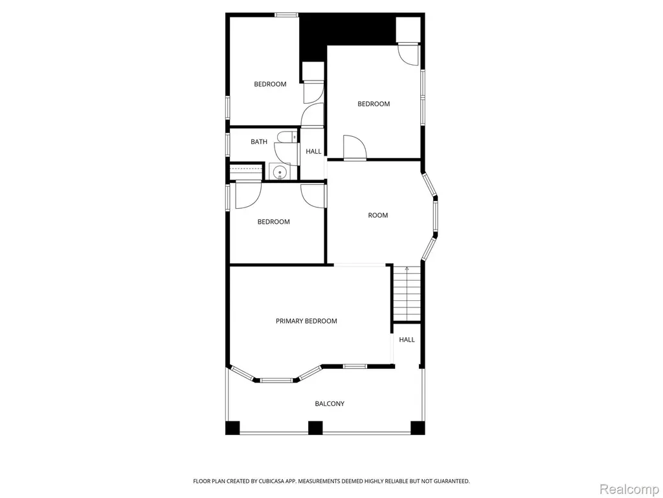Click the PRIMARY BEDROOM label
[x=306, y=321]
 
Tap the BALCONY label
[x=330, y=403]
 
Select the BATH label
[x=259, y=141]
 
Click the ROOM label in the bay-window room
[x=377, y=215]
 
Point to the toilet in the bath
[x=287, y=137]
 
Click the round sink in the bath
[x=279, y=172]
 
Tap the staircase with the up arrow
[x=407, y=294]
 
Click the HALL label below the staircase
[x=407, y=340]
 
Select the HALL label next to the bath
[x=313, y=151]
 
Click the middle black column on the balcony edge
[x=315, y=428]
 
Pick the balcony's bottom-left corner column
[x=232, y=428]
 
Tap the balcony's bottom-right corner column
[x=418, y=428]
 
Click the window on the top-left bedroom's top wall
[x=287, y=16]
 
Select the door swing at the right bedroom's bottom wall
[x=354, y=147]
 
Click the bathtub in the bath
[x=245, y=172]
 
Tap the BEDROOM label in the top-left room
[x=270, y=84]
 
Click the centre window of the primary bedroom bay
[x=276, y=380]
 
